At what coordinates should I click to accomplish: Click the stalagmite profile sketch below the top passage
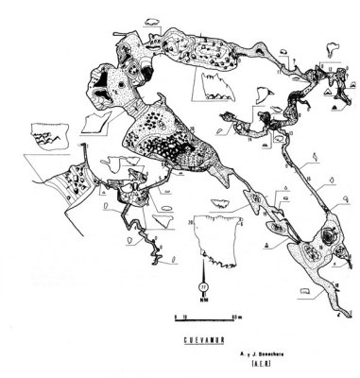pyautogui.click(x=214, y=89)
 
